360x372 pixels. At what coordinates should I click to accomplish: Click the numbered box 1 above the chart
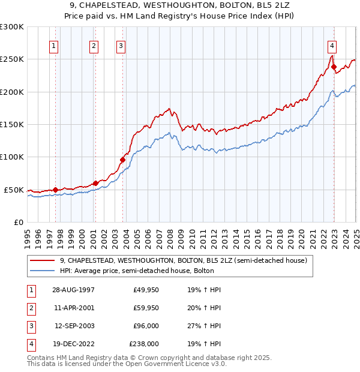coord(54,46)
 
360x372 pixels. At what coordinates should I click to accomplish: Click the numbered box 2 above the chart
coord(94,46)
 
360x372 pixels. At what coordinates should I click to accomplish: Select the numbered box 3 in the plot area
coord(121,46)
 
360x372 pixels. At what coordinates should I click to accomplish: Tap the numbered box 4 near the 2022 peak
coord(332,46)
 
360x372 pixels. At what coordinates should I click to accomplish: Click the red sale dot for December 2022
coord(334,67)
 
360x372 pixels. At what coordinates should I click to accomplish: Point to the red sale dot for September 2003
coord(122,160)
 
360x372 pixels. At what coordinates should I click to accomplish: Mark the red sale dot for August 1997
coord(56,190)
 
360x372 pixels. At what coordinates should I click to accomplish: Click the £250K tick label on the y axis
coord(12,59)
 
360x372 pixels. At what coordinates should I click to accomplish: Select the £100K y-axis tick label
coord(12,157)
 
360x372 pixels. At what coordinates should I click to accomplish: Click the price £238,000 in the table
coord(144,344)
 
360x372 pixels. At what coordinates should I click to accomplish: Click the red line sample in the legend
coord(42,260)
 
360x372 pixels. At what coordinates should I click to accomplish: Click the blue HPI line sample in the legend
coord(42,271)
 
